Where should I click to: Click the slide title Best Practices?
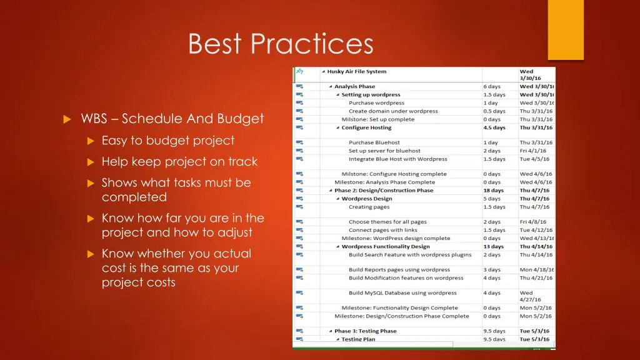281,44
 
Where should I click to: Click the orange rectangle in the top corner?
566,29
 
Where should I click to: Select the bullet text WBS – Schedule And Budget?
172,119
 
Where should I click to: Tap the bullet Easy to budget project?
168,141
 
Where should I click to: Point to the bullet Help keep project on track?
179,162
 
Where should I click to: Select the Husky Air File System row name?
357,71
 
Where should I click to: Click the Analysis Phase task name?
354,87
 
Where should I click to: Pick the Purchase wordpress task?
376,103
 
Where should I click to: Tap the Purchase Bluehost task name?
374,142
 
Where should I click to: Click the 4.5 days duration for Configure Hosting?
494,127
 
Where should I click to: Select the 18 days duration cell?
493,191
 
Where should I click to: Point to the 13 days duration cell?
493,246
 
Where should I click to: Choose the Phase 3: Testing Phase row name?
365,331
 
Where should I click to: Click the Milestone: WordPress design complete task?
396,238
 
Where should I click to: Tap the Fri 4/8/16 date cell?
532,222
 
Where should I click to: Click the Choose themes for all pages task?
387,222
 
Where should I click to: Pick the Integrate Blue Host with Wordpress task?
397,159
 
